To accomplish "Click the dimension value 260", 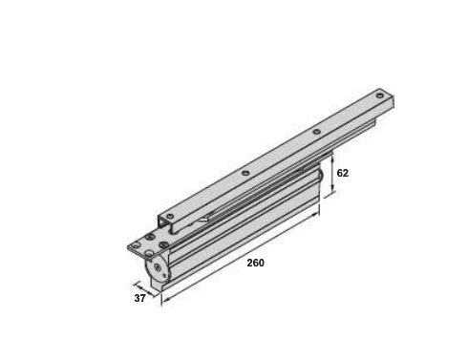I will (255, 263).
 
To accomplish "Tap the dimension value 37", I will (139, 298).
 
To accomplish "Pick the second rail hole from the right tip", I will (315, 131).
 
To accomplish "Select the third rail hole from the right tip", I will (245, 173).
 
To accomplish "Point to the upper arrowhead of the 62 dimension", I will (332, 162).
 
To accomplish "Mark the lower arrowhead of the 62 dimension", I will (332, 194).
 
